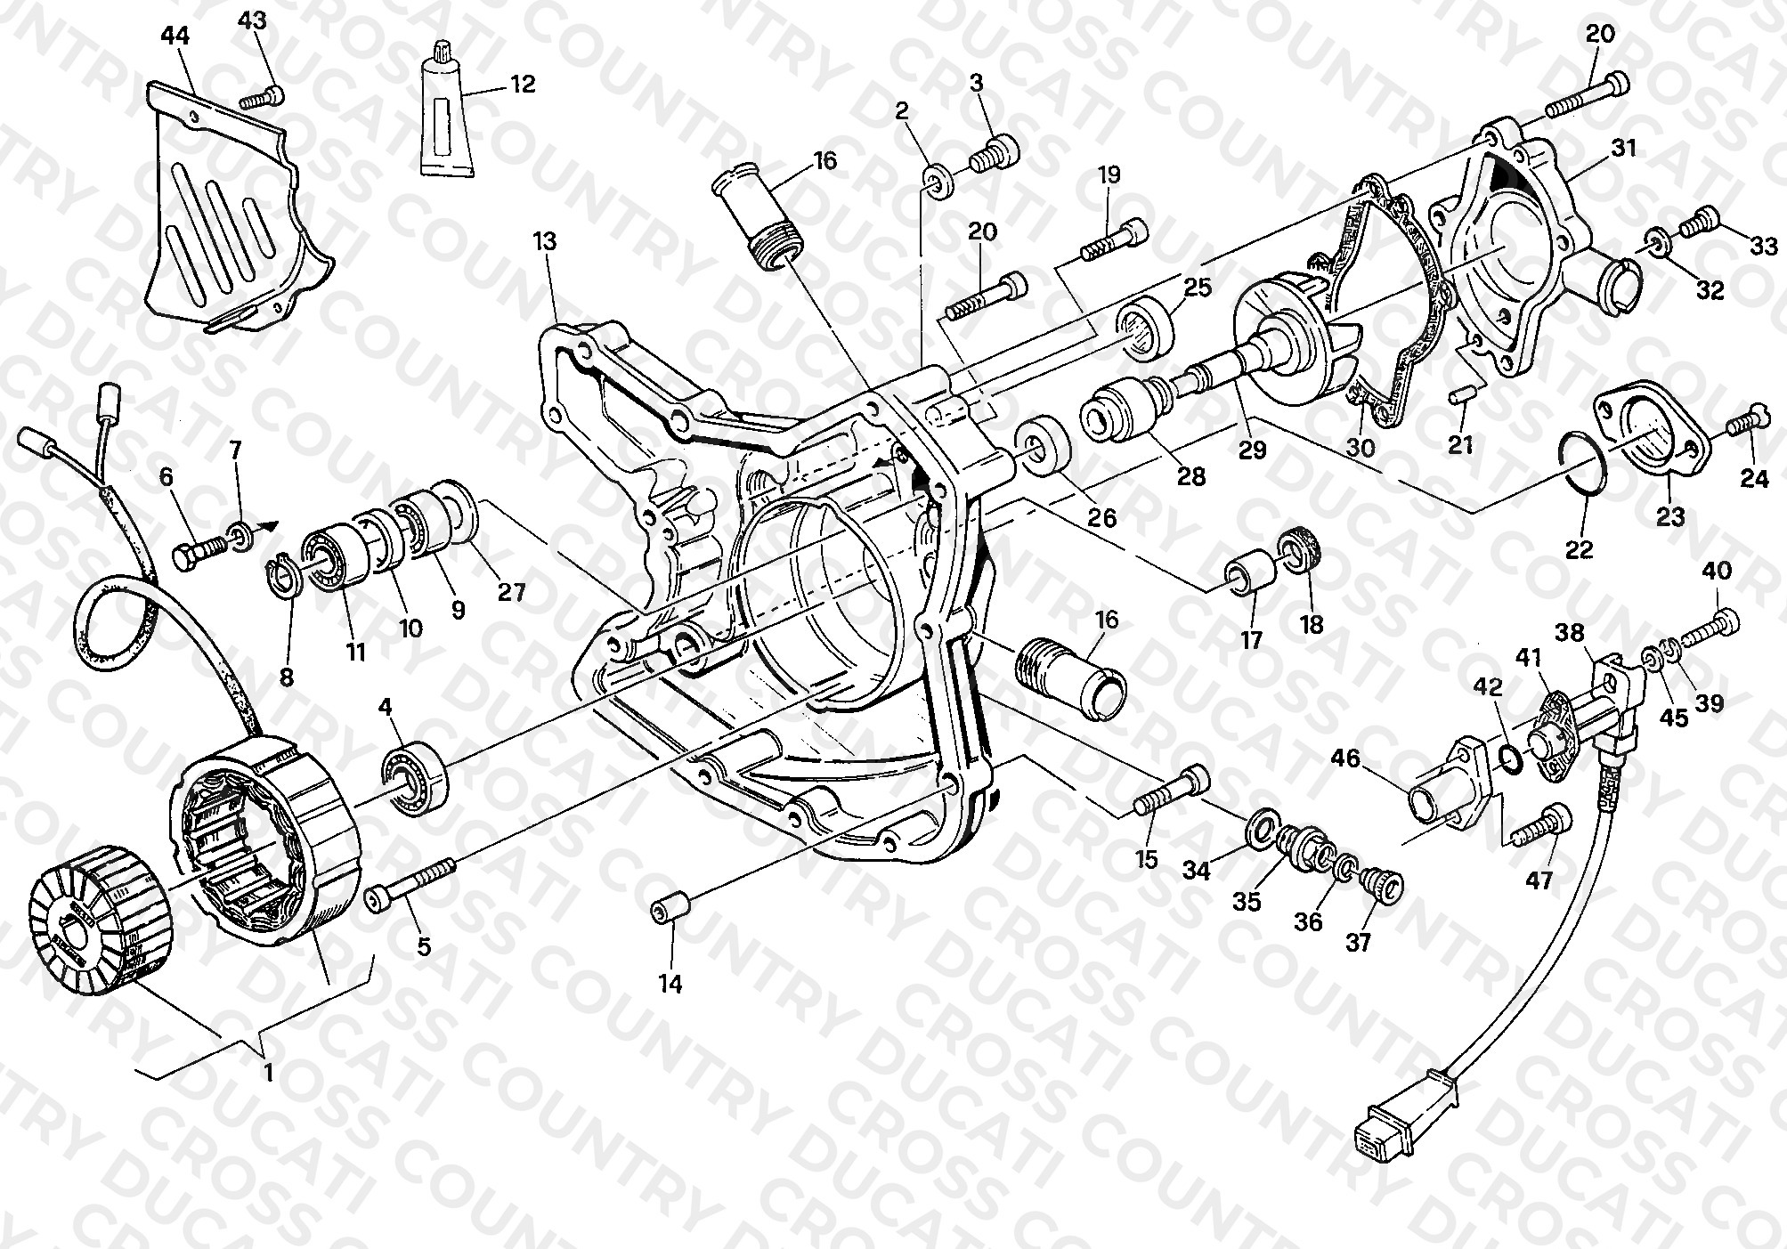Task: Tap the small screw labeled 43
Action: point(263,96)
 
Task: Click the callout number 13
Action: point(545,241)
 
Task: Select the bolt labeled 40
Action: point(1700,627)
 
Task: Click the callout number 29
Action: point(1252,450)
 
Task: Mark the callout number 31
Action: point(1624,148)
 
